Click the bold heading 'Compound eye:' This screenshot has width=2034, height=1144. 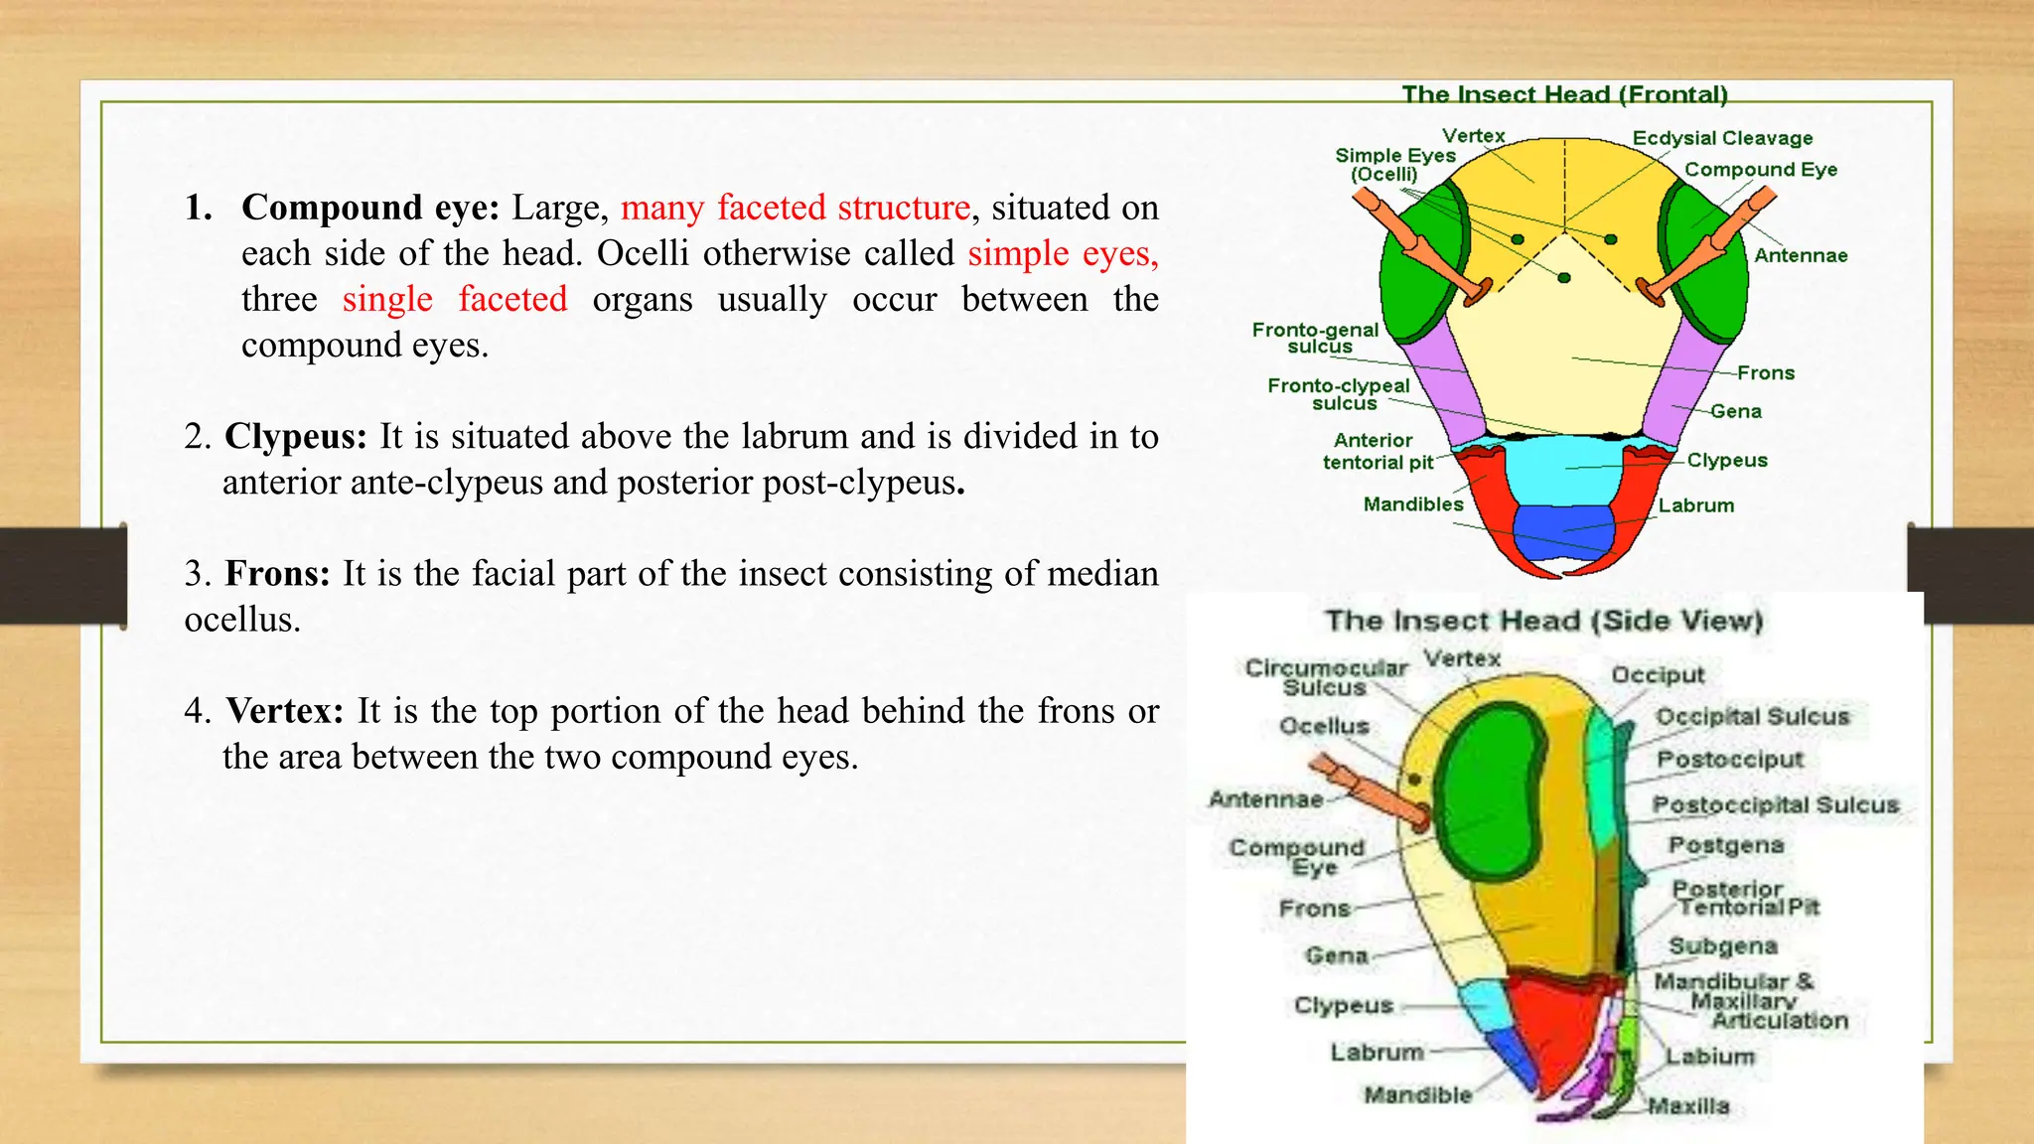point(370,208)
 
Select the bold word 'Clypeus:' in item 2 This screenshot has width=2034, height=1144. point(296,436)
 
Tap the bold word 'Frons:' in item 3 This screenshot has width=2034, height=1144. point(277,573)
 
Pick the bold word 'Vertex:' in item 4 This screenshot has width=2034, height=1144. point(284,710)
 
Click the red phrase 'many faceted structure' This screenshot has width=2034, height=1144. point(795,208)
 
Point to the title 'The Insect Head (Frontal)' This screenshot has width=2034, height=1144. point(1564,94)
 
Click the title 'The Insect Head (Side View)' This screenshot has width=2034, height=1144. point(1543,621)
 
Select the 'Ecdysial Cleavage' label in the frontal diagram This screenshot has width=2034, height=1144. point(1722,138)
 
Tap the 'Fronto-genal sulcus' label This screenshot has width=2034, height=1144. point(1315,338)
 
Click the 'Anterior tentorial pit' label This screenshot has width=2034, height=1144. point(1377,451)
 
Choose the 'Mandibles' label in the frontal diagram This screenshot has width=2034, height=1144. point(1412,504)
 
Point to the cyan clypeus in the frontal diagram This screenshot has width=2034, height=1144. point(1564,467)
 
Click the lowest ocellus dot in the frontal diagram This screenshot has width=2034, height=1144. point(1563,278)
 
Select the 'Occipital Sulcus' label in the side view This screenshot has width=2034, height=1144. point(1752,716)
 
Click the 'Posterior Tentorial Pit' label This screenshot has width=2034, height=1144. point(1746,898)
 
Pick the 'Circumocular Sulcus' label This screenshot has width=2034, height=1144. point(1326,677)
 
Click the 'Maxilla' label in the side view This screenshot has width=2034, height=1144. point(1688,1105)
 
